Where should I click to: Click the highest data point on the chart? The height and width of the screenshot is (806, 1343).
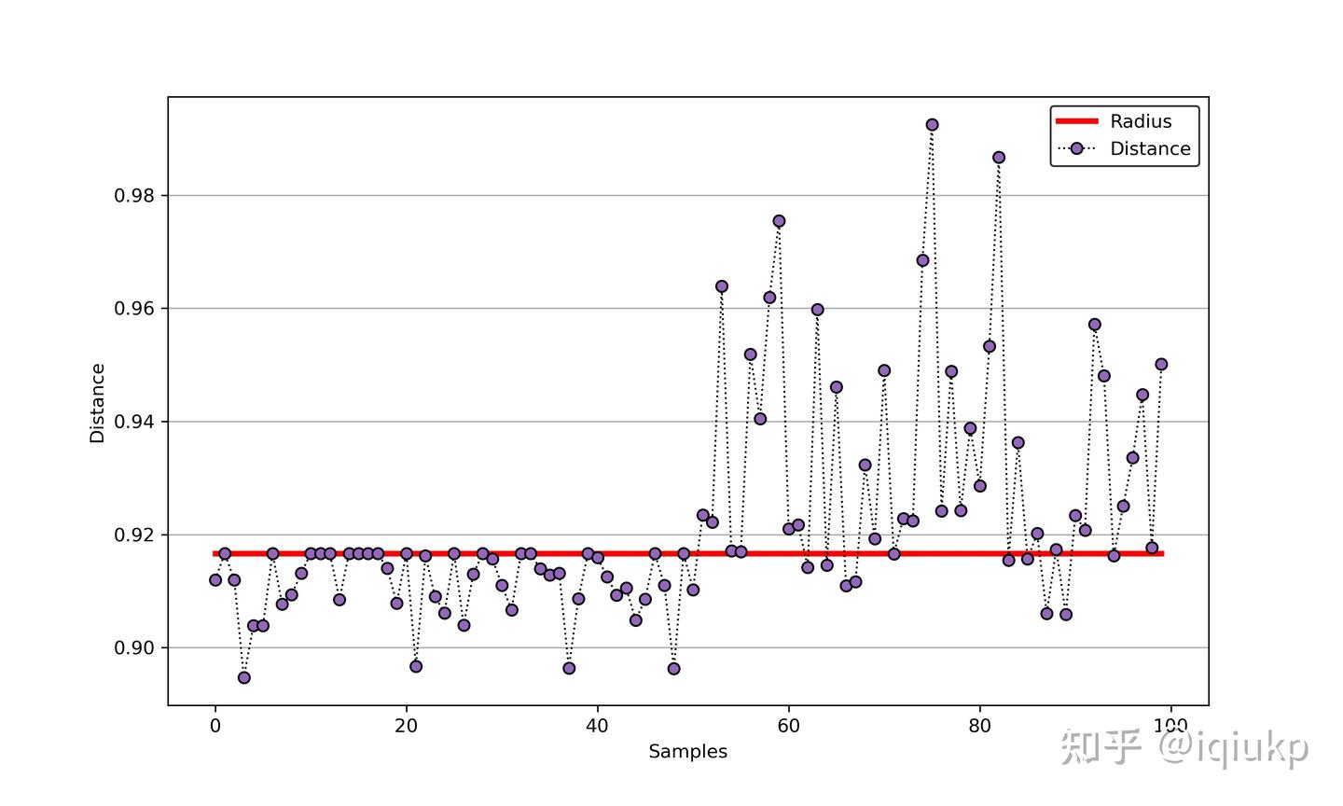coord(932,125)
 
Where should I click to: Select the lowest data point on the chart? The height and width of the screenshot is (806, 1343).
coord(244,677)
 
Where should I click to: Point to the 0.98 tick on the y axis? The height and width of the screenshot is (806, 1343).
coord(134,196)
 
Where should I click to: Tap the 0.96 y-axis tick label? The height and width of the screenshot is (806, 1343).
coord(134,309)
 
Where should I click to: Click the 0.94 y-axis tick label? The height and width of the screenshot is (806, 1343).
coord(134,422)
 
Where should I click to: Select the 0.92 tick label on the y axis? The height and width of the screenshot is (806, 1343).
coord(134,535)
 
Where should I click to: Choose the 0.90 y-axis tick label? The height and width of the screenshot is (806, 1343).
coord(134,648)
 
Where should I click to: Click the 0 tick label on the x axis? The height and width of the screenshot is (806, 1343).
coord(215,727)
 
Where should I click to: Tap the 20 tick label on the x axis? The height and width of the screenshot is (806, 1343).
coord(407,727)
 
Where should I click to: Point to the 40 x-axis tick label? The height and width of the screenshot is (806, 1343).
coord(598,727)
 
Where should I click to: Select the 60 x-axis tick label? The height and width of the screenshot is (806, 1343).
coord(789,727)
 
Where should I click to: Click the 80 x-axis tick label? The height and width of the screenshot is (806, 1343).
coord(979,727)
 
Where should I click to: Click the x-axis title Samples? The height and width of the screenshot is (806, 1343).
coord(688,752)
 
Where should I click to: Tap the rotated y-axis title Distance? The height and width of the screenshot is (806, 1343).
coord(98,403)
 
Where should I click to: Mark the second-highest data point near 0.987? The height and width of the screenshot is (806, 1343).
coord(999,158)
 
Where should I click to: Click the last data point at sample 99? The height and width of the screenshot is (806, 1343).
coord(1161,365)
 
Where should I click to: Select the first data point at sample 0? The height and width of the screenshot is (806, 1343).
coord(215,580)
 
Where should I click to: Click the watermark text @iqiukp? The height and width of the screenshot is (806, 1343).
coord(1234,747)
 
